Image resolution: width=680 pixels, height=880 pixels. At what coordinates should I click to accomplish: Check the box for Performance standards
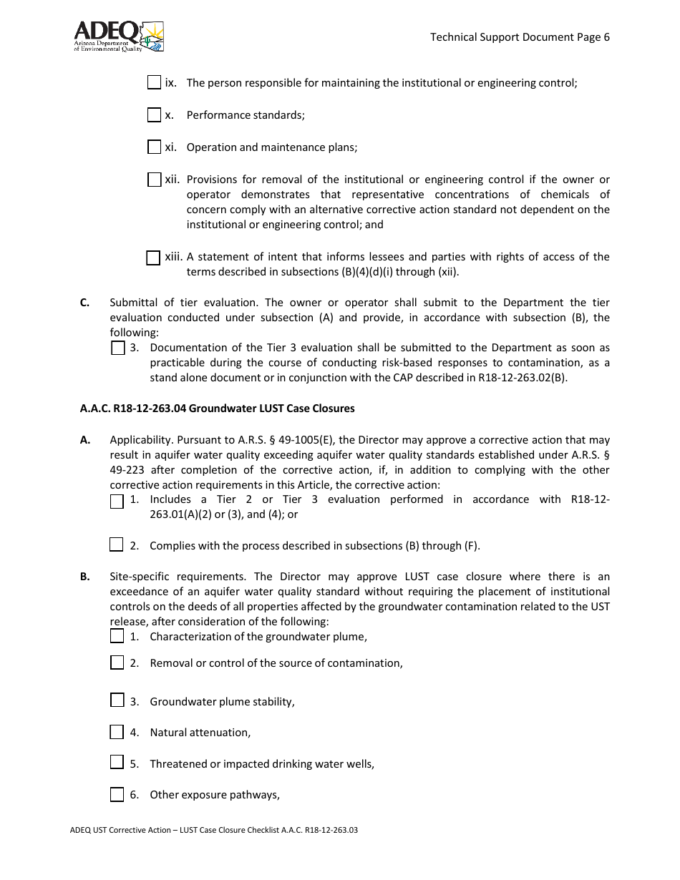[x=154, y=114]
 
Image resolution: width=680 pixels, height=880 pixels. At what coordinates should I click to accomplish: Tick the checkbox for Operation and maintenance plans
[x=154, y=147]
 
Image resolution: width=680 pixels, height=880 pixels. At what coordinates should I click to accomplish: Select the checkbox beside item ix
[x=154, y=82]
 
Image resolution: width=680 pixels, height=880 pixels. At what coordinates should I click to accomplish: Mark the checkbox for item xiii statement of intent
[x=153, y=258]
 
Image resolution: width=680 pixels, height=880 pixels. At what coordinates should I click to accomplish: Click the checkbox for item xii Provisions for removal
[x=154, y=180]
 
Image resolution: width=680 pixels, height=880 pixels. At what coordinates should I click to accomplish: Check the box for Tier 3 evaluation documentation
[x=118, y=348]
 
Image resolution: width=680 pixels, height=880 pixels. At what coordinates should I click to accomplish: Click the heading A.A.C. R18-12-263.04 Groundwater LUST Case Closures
[x=217, y=409]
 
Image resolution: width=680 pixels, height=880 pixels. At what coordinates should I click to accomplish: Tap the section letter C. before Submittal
[x=84, y=303]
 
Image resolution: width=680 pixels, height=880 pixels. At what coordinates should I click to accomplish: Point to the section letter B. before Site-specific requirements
[x=84, y=577]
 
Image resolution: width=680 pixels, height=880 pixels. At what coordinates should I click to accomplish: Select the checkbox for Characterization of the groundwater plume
[x=117, y=636]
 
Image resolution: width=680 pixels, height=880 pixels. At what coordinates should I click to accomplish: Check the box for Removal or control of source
[x=117, y=663]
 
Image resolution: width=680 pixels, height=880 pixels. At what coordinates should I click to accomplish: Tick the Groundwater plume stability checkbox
[x=117, y=700]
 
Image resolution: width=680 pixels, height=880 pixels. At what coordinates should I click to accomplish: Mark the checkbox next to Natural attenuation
[x=117, y=732]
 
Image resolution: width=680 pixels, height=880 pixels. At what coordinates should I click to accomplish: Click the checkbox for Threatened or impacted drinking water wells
[x=117, y=762]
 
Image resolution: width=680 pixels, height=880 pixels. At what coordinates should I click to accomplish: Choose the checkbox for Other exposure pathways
[x=117, y=794]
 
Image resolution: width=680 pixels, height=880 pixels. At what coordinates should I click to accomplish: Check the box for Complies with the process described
[x=117, y=545]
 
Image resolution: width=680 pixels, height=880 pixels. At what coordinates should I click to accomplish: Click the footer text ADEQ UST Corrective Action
[x=130, y=831]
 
